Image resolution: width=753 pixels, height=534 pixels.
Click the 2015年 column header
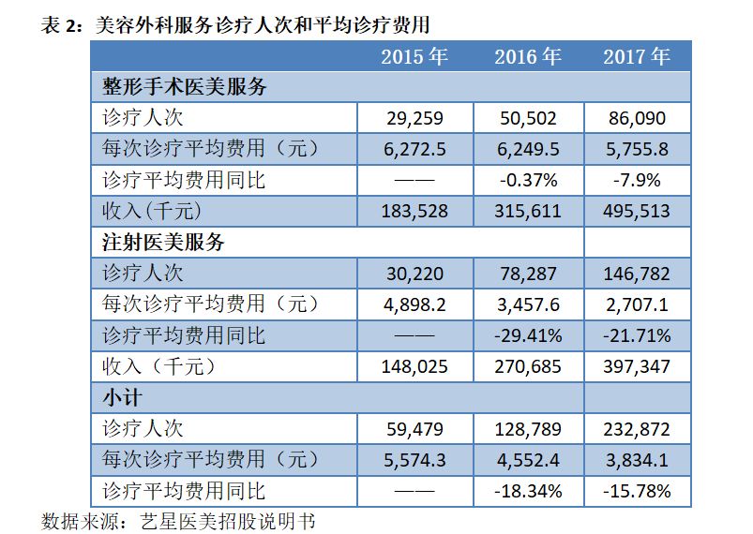(x=414, y=56)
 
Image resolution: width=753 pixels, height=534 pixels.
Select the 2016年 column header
(x=528, y=56)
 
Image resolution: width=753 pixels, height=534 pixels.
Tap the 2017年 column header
(x=638, y=56)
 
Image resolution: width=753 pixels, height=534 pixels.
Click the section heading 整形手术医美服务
(x=185, y=87)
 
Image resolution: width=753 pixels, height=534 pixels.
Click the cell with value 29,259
(x=414, y=118)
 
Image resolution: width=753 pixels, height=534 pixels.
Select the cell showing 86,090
(x=638, y=118)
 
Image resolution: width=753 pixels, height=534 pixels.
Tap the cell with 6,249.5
(x=528, y=149)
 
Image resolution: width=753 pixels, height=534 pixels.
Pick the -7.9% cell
(x=638, y=180)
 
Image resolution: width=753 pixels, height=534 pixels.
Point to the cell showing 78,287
(x=528, y=274)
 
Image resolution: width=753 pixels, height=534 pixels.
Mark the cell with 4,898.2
(x=414, y=304)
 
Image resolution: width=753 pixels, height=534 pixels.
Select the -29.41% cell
(x=528, y=335)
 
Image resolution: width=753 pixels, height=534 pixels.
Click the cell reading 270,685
(x=528, y=366)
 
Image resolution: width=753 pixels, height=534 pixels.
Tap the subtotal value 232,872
(x=638, y=429)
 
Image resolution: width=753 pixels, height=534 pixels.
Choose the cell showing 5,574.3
(x=414, y=460)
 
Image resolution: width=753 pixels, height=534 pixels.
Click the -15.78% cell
(x=638, y=491)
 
